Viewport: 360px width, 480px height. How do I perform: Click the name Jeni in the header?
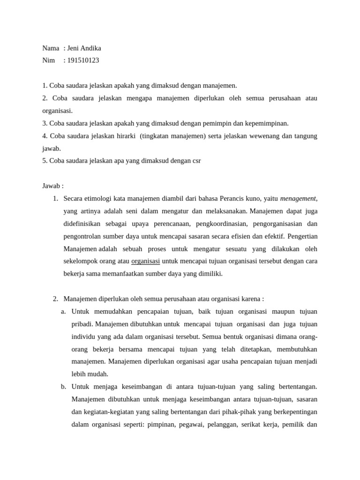click(74, 48)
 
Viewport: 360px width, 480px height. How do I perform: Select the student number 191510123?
click(83, 60)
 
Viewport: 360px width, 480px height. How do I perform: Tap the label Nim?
click(48, 60)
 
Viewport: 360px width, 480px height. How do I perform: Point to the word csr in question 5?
click(196, 161)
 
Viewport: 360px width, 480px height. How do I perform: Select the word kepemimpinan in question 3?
click(266, 123)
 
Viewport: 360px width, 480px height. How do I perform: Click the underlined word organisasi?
click(145, 261)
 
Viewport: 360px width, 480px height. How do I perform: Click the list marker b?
click(63, 387)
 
